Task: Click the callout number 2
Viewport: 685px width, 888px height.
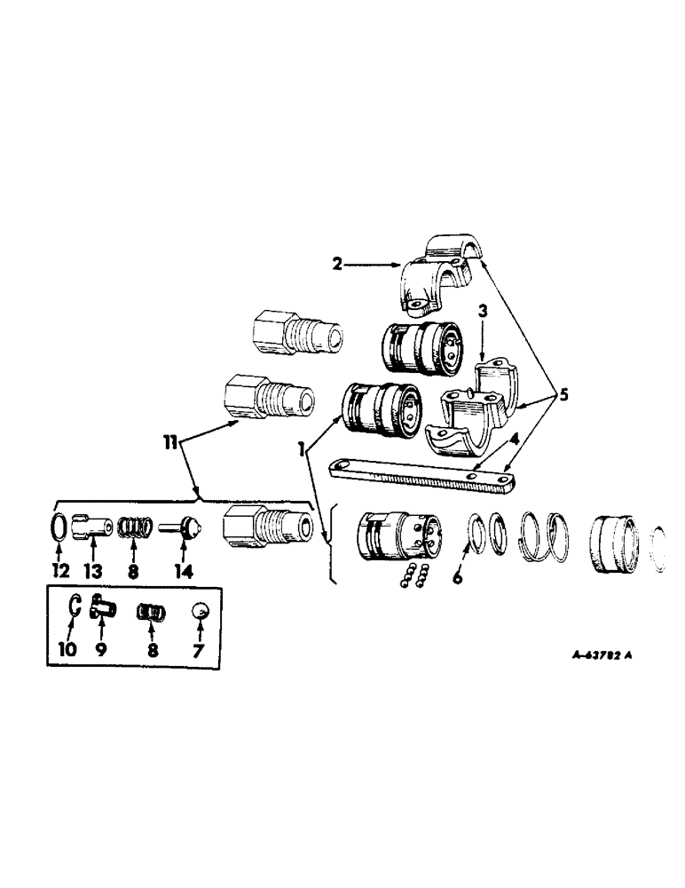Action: pyautogui.click(x=338, y=264)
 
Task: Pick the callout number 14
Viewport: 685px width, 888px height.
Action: pyautogui.click(x=183, y=572)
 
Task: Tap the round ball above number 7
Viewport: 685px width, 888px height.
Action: pyautogui.click(x=200, y=612)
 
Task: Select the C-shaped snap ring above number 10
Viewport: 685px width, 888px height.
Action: pyautogui.click(x=75, y=608)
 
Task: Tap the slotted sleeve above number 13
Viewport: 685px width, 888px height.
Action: pyautogui.click(x=92, y=527)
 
